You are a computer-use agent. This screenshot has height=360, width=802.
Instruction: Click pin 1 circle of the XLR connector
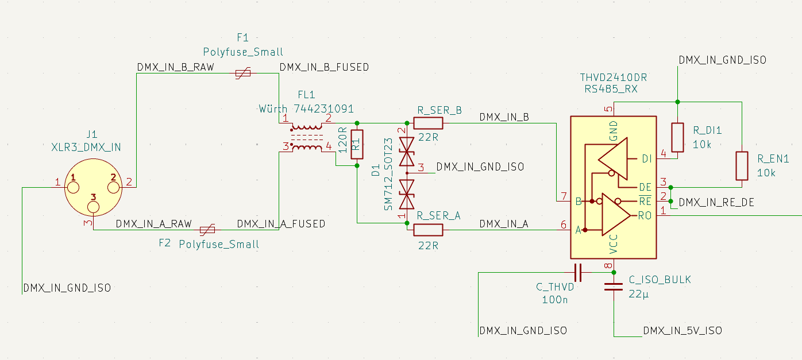coord(73,187)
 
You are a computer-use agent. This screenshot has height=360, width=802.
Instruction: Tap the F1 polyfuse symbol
coord(242,73)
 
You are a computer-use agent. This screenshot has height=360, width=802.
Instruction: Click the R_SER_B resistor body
coord(428,123)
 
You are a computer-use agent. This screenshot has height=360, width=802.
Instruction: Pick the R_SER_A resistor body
coord(428,230)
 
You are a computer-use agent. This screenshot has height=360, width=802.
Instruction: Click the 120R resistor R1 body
coord(357,144)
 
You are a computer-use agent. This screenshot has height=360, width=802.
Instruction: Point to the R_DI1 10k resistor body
coord(678,137)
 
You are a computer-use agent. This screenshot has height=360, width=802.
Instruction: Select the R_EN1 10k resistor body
coord(742,166)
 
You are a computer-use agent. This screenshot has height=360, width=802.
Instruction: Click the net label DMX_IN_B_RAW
coord(175,67)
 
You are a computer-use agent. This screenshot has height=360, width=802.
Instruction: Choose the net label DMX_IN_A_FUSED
coord(281,223)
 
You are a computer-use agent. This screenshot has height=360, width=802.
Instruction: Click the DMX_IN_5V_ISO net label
coord(683,331)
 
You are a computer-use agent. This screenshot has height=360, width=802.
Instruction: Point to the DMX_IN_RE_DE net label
coord(716,202)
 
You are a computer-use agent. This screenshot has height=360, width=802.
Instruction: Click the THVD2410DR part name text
coord(613,78)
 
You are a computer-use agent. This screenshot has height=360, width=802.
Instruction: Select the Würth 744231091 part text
coord(306,109)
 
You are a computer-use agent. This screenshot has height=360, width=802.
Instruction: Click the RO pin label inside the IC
coord(645,215)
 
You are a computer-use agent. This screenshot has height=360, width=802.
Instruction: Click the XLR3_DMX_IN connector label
coord(86,148)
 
